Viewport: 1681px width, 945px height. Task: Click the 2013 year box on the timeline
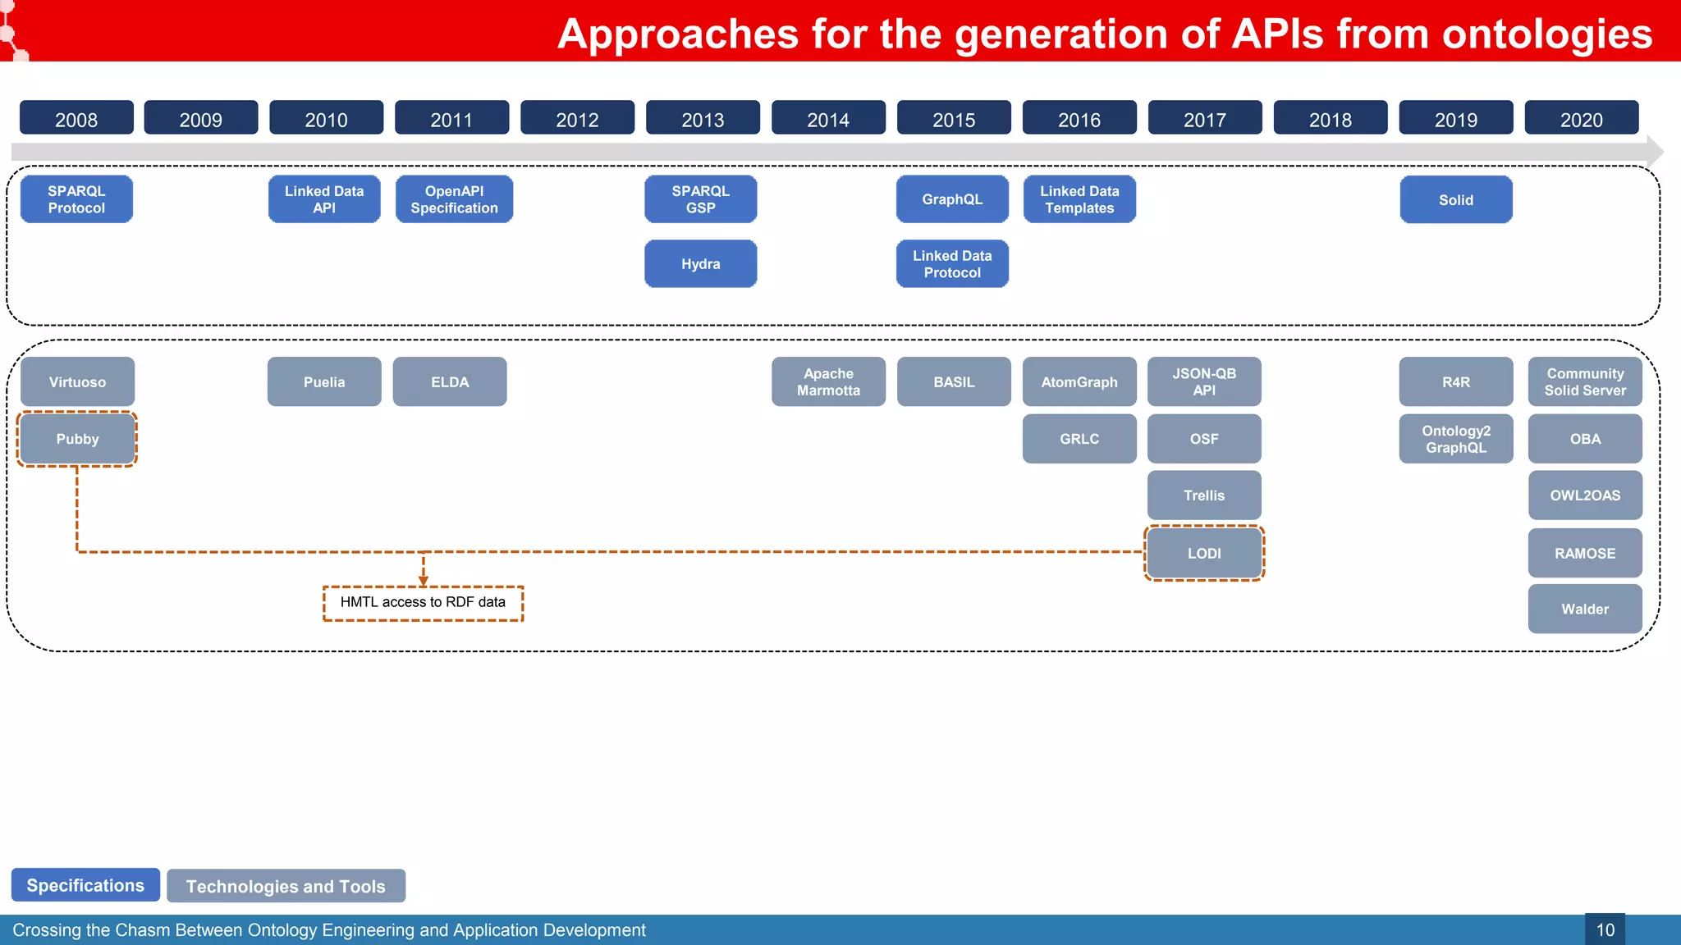[703, 118]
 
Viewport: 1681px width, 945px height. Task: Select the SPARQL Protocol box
[76, 199]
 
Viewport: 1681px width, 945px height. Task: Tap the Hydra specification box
[700, 264]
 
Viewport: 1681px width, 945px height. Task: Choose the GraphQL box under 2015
[952, 199]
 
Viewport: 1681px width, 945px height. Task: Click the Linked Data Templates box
[1079, 199]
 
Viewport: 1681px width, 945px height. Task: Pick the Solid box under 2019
[1455, 200]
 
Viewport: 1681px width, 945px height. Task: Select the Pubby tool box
[77, 439]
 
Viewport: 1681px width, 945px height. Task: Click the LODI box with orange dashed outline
[1204, 554]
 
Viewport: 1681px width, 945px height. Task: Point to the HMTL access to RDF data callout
[423, 603]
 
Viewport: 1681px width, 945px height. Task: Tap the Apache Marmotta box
[828, 382]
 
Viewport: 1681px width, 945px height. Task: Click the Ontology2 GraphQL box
[1455, 439]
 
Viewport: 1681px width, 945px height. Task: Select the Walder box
[1584, 609]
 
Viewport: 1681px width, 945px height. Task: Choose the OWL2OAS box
[1584, 495]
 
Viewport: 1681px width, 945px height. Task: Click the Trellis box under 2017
[1204, 495]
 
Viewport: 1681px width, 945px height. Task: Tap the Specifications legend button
[85, 885]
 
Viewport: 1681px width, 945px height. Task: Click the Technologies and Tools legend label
[286, 886]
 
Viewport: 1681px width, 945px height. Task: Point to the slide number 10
[1605, 930]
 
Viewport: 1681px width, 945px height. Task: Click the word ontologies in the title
[1546, 34]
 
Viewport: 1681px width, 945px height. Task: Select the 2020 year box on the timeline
[1581, 118]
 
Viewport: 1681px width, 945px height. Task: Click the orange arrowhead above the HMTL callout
[424, 581]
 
